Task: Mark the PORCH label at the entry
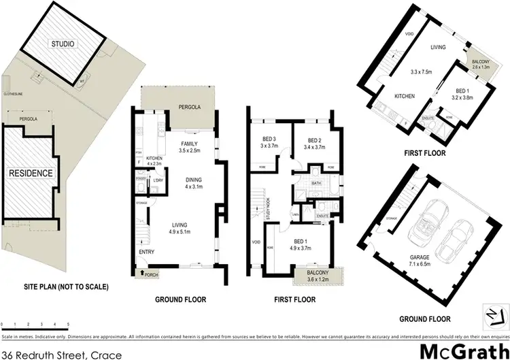150,276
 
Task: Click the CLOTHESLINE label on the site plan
12,94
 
